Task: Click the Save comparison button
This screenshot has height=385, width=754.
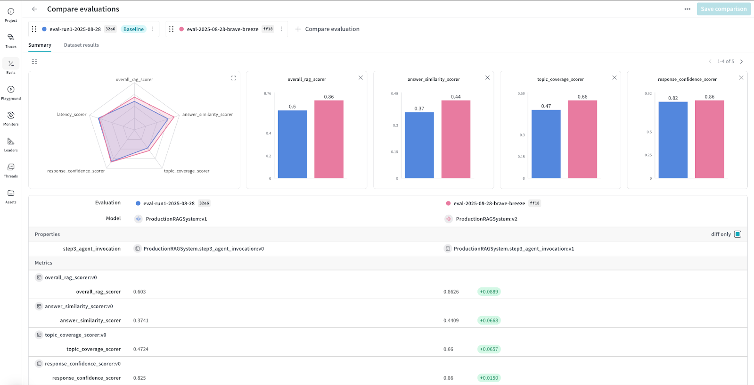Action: coord(723,9)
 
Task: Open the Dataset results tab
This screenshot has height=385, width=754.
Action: coord(81,45)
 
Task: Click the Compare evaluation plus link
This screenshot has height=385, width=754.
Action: coord(328,29)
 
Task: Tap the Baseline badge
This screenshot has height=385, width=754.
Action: coord(133,29)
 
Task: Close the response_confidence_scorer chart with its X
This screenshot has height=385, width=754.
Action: coord(741,78)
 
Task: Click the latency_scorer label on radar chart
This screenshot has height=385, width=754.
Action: coord(72,115)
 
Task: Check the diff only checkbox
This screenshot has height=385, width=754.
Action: coord(738,234)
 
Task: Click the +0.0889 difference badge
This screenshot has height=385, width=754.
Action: coord(489,292)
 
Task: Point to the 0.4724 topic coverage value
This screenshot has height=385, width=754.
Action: coord(140,350)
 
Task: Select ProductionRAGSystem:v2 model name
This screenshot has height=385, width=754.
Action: coord(486,219)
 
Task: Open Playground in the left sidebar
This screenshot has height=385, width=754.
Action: coord(11,92)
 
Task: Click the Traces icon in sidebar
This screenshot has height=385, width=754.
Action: coord(11,38)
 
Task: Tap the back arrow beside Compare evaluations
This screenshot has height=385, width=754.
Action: coord(34,9)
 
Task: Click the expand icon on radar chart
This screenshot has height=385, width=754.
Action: coord(233,78)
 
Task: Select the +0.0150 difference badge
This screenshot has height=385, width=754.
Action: coord(489,378)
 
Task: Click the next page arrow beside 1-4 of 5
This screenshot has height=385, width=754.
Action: coord(741,62)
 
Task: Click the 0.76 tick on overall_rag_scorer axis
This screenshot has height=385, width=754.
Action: coord(267,94)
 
